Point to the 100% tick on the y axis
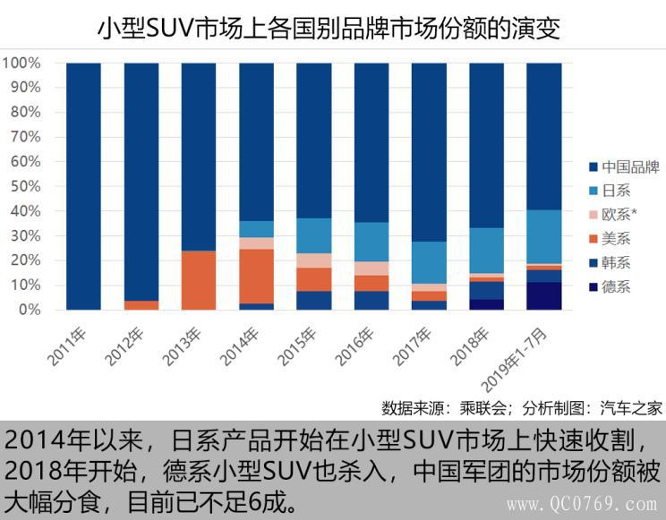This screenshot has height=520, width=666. (x=21, y=64)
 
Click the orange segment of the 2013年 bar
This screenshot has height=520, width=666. (x=199, y=279)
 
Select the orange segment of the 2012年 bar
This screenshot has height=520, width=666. (x=141, y=305)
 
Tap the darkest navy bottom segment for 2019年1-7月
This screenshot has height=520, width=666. (x=543, y=296)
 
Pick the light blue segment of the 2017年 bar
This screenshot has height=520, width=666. (x=429, y=262)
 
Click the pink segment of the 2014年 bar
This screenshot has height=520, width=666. (x=256, y=243)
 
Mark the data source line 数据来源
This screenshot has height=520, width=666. (x=521, y=408)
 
